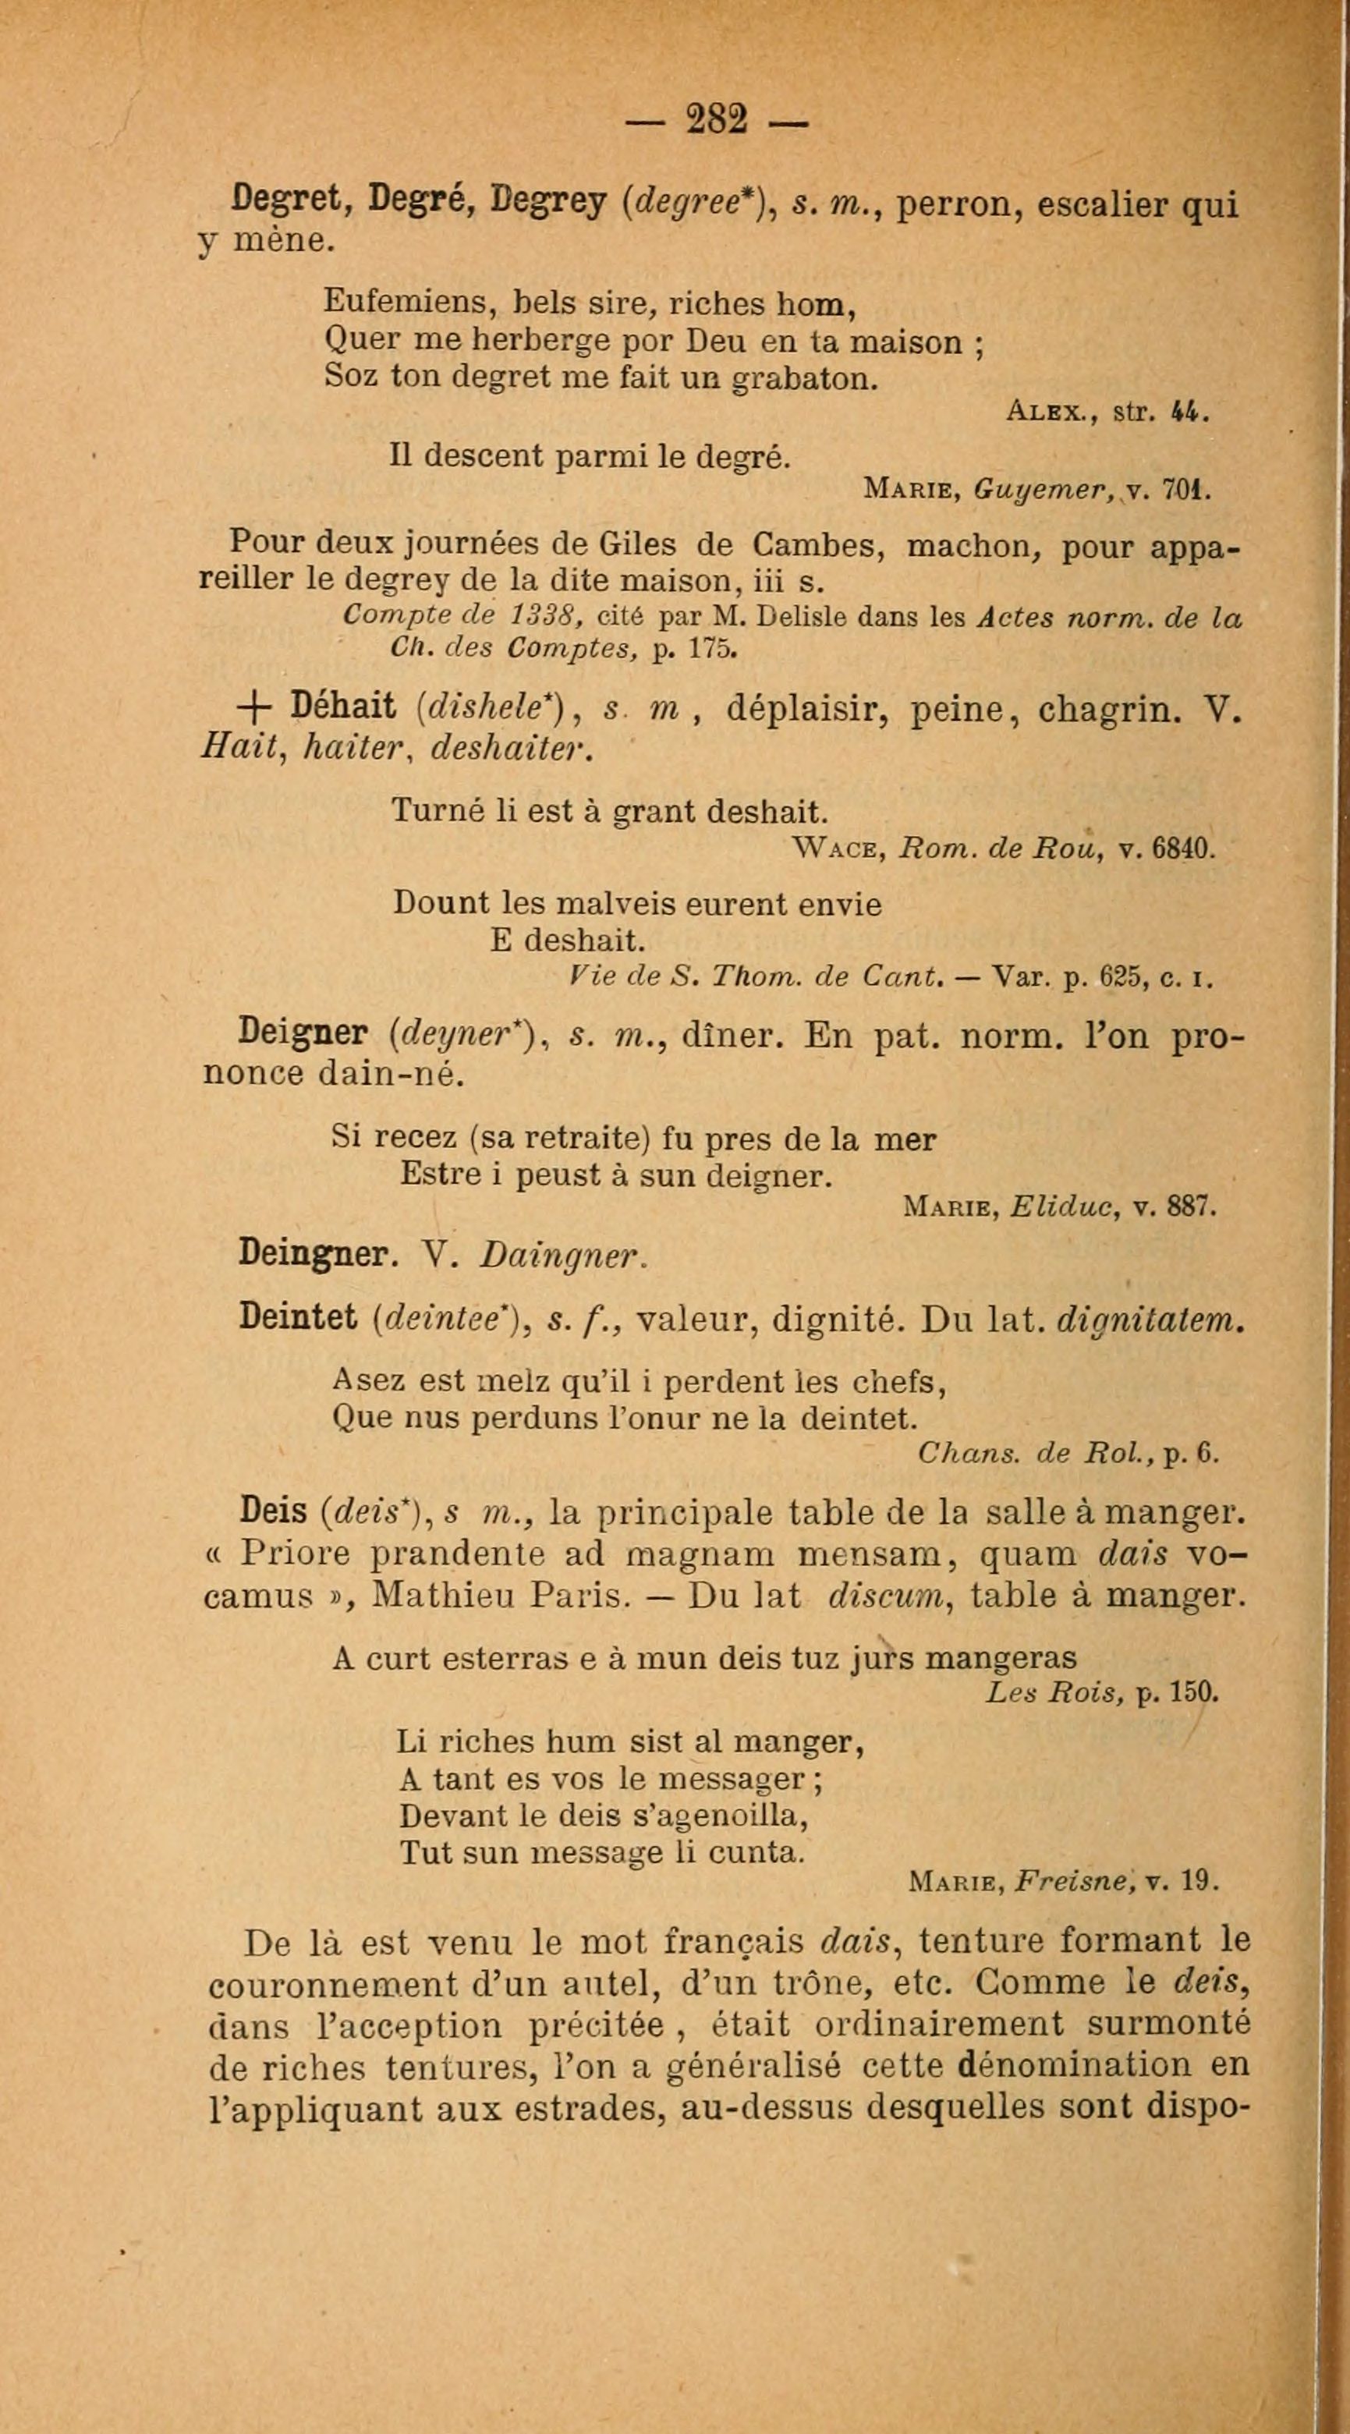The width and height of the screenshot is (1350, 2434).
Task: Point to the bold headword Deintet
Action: (x=298, y=1318)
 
